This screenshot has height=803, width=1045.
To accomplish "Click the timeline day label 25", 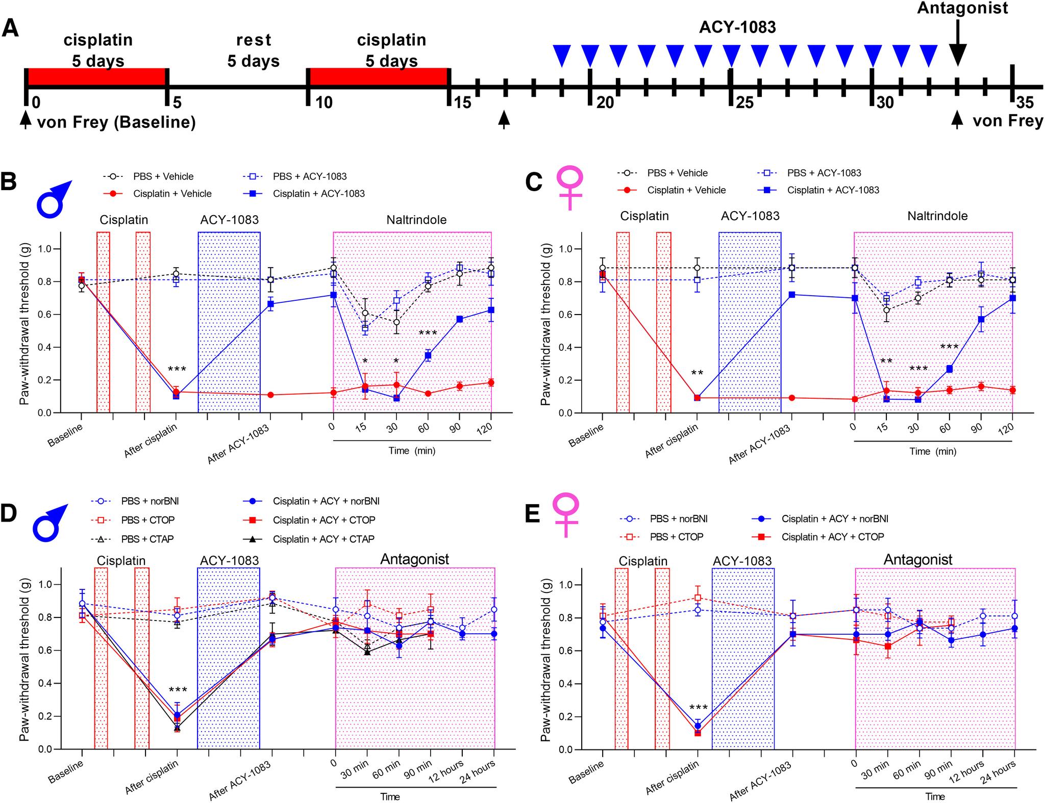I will [744, 102].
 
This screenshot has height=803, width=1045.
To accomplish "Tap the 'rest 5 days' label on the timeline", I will [253, 50].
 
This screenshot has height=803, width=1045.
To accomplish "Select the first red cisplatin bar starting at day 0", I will [97, 76].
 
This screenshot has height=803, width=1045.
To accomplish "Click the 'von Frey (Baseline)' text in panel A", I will [116, 122].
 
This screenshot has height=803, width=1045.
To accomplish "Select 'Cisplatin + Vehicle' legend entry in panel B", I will [172, 194].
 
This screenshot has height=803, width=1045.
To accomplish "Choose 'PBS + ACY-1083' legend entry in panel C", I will [824, 173].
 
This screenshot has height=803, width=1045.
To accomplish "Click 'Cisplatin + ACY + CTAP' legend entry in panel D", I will [324, 539].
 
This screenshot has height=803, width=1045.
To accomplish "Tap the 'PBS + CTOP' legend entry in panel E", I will [677, 536].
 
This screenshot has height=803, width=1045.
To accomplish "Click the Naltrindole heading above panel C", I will [937, 216].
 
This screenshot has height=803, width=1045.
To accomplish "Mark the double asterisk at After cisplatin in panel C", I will [697, 373].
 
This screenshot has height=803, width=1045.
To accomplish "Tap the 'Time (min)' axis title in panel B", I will [412, 451].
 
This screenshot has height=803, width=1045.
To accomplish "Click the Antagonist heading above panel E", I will [917, 560].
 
